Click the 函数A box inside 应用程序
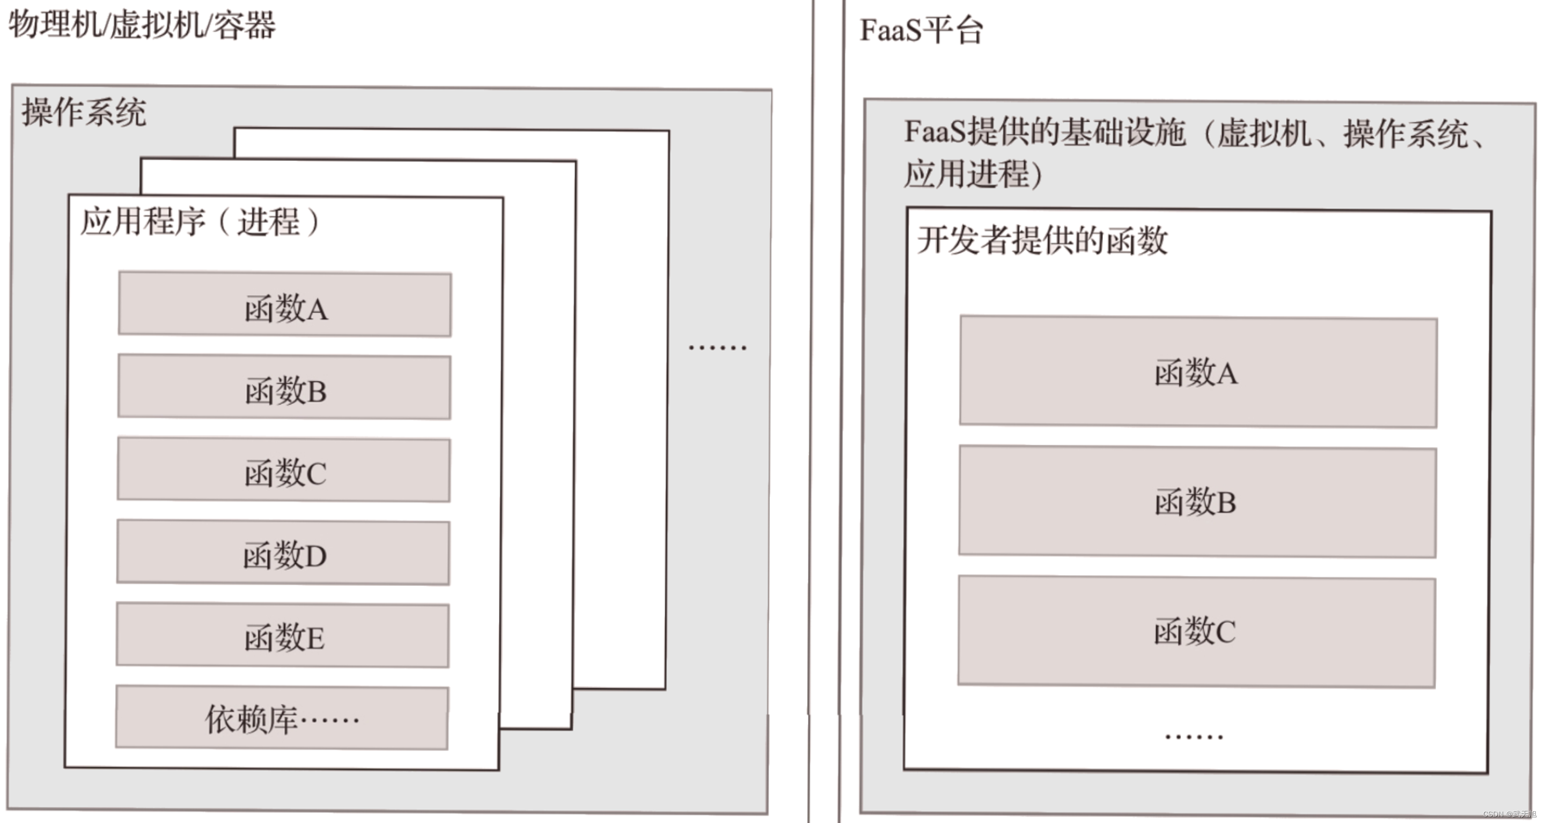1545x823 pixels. click(285, 305)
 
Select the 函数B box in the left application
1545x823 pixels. click(284, 387)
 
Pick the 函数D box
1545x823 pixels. click(284, 553)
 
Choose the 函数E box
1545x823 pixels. click(283, 636)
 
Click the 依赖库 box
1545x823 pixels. click(282, 718)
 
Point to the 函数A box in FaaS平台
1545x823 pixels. click(1198, 372)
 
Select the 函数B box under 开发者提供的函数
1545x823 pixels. click(1197, 502)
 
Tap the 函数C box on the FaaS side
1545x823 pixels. click(1196, 631)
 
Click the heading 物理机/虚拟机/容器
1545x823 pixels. click(142, 26)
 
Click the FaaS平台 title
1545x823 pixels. click(921, 30)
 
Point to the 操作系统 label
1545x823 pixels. click(84, 112)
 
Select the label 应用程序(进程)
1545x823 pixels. click(200, 222)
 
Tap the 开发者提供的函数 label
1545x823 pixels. click(1042, 240)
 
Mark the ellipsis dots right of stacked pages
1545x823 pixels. click(717, 347)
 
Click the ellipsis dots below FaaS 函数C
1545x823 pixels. click(1194, 737)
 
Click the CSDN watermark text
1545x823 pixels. click(1508, 814)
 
